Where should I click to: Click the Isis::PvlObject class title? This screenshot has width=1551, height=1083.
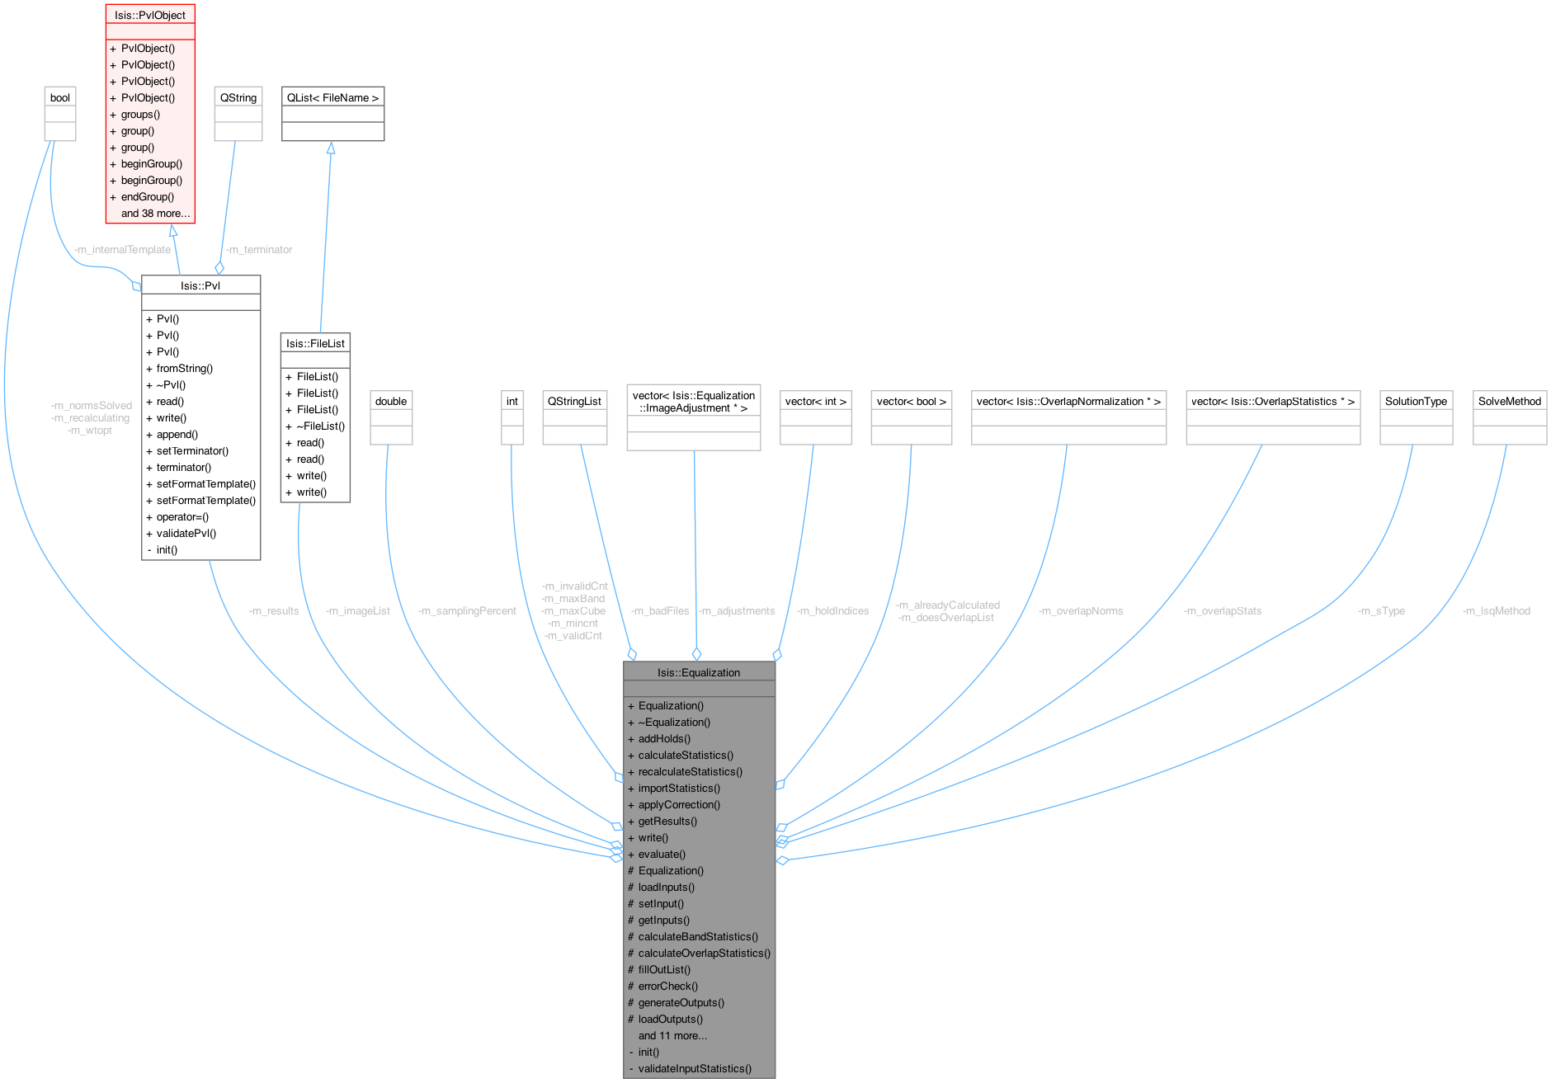[150, 15]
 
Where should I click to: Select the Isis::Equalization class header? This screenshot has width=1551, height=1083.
[699, 672]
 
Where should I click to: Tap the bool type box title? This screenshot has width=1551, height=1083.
[60, 97]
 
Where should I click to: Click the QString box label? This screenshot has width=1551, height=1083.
[238, 97]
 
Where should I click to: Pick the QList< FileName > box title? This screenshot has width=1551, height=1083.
[332, 97]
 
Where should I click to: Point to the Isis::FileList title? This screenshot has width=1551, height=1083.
[315, 343]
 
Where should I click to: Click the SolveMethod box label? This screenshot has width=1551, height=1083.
[1509, 401]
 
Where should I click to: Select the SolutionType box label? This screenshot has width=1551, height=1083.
[1416, 401]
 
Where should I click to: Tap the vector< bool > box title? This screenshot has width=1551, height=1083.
[911, 401]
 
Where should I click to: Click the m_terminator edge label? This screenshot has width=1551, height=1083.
[259, 249]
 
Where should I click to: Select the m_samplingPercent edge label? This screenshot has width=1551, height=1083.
[467, 611]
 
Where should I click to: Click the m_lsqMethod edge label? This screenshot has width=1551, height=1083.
[1496, 611]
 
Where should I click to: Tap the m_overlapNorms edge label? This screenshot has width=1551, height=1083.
[1080, 611]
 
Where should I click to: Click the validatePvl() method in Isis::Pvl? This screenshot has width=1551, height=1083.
[186, 533]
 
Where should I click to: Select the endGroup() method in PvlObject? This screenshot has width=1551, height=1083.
[148, 196]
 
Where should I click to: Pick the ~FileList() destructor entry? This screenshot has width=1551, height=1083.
[320, 426]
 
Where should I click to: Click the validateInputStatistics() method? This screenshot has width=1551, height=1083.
[695, 1068]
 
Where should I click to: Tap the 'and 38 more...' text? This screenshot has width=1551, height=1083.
[155, 213]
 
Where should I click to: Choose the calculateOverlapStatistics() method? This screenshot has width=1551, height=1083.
[704, 953]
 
